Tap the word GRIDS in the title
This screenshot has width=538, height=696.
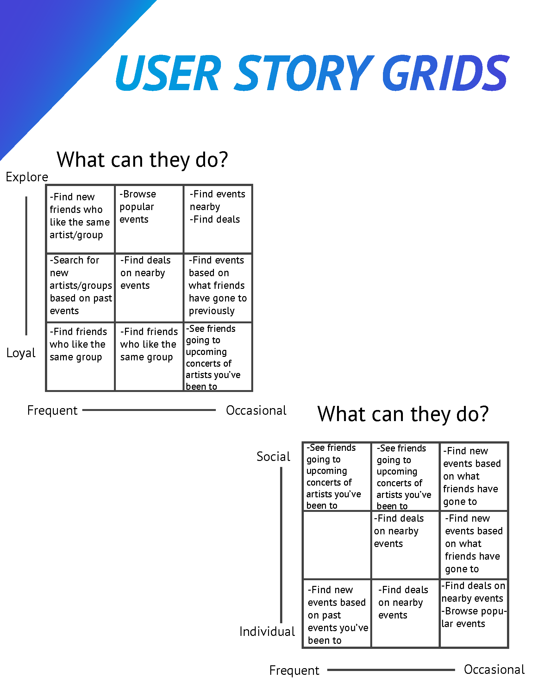[x=446, y=73]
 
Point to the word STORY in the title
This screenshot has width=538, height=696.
[x=304, y=73]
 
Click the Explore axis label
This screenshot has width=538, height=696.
[x=27, y=177]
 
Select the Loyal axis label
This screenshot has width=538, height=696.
[x=21, y=353]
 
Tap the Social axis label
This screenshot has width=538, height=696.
[x=273, y=457]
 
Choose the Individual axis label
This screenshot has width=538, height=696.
[x=267, y=632]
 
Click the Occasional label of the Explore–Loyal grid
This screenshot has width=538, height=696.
[x=256, y=410]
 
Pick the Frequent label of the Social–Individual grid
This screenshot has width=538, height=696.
[x=294, y=670]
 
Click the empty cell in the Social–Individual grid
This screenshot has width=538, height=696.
[x=337, y=545]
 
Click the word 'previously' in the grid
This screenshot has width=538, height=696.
[x=212, y=311]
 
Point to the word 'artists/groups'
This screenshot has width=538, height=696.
[x=81, y=286]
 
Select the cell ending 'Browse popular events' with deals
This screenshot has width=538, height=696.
[x=474, y=613]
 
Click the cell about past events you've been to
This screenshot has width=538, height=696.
[x=337, y=613]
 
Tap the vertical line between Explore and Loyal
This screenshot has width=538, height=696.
[x=26, y=266]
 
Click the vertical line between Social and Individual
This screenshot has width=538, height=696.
[x=281, y=545]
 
